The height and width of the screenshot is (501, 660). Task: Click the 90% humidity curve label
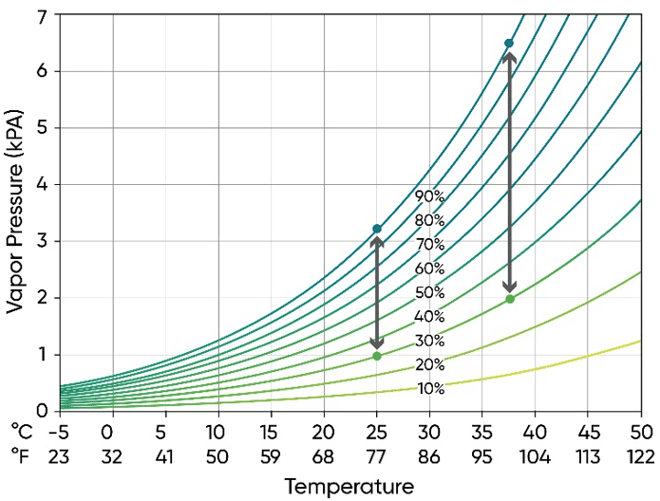point(429,196)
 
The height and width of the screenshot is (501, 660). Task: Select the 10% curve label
point(429,388)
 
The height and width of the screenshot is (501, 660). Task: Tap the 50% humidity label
point(429,292)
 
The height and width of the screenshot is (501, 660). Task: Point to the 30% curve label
point(429,341)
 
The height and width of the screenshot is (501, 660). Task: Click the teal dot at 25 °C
point(377,229)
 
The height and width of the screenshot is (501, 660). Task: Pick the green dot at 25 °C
point(377,356)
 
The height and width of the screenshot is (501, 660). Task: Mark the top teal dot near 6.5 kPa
point(509,44)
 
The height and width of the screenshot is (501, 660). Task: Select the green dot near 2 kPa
point(510,299)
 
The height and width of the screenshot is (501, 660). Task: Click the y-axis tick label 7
point(41,15)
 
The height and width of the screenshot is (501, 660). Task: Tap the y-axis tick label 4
point(41,184)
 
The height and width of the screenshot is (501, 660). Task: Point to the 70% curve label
point(429,244)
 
